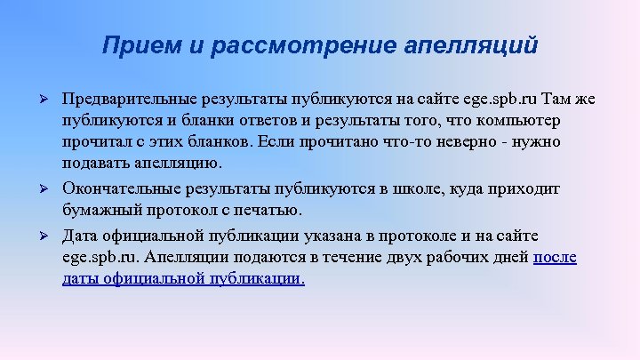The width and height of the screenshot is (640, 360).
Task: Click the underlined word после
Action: point(555,258)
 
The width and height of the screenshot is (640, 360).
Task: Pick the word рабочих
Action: point(451,258)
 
